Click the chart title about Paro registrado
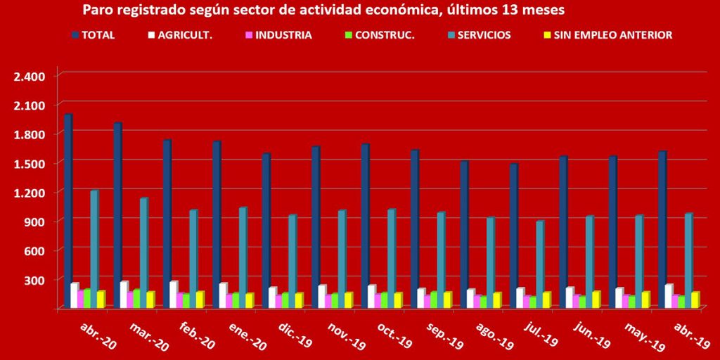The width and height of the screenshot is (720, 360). point(323,11)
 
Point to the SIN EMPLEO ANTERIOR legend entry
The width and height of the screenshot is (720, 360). point(606,34)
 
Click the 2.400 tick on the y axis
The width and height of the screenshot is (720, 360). point(29,76)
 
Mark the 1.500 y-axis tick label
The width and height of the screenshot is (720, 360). point(29,163)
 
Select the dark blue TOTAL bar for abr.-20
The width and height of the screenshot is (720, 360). point(68,211)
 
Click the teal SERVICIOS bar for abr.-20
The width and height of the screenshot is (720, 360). point(94,249)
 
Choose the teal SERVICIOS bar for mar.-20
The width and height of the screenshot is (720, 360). point(143,253)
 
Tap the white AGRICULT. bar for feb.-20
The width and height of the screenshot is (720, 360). point(172,295)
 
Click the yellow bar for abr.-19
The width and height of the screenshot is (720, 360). point(695,300)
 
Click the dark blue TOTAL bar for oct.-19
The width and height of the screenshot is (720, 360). point(365,226)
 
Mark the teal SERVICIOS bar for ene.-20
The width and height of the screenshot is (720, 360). point(243,257)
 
